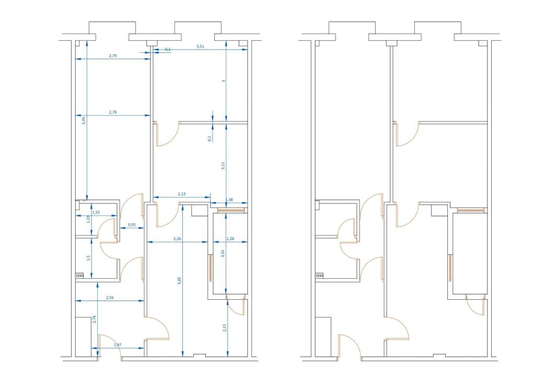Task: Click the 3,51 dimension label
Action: click(x=200, y=46)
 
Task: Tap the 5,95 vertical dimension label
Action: click(x=84, y=120)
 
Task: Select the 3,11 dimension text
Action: click(x=223, y=167)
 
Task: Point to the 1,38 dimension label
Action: click(x=229, y=200)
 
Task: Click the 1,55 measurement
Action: click(x=96, y=212)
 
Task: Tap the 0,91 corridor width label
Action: click(x=132, y=225)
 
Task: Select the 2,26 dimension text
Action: click(x=178, y=239)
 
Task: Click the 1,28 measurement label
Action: click(x=230, y=239)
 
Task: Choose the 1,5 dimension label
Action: click(x=89, y=258)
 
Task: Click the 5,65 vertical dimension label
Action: click(x=179, y=280)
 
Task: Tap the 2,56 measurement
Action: click(x=110, y=298)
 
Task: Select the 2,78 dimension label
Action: click(x=94, y=319)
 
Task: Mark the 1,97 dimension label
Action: click(x=118, y=345)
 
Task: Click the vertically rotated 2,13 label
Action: click(x=225, y=328)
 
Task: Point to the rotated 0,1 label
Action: click(x=210, y=138)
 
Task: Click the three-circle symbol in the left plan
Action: click(x=79, y=276)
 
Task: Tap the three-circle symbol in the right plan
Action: click(x=319, y=276)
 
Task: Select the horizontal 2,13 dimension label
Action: click(x=181, y=194)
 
